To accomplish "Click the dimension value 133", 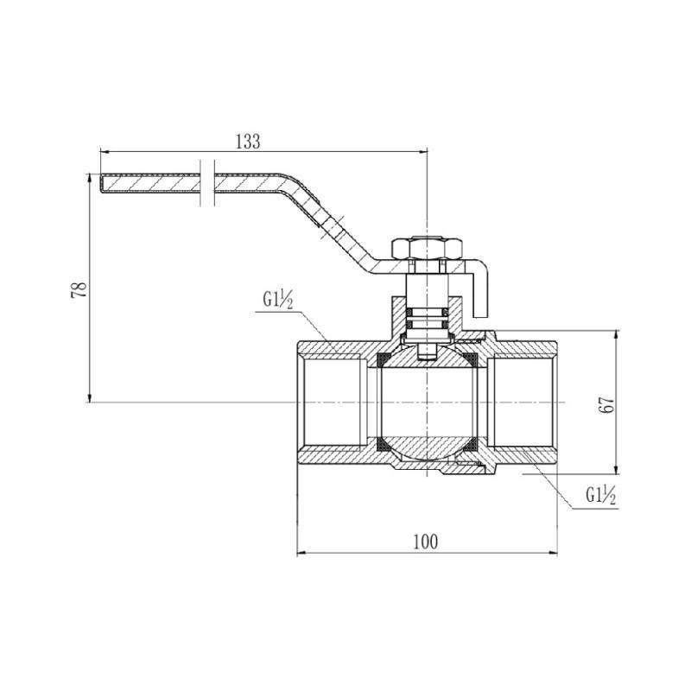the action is pyautogui.click(x=248, y=142).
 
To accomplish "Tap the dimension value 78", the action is pyautogui.click(x=79, y=289).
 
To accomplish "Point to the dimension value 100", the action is pyautogui.click(x=426, y=542).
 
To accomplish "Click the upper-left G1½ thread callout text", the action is pyautogui.click(x=277, y=301).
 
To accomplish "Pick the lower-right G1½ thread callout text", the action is pyautogui.click(x=600, y=496).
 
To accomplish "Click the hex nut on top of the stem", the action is pyautogui.click(x=428, y=249).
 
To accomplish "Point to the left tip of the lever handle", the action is pyautogui.click(x=99, y=183).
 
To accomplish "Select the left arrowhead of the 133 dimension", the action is pyautogui.click(x=105, y=152).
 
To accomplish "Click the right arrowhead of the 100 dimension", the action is pyautogui.click(x=553, y=553).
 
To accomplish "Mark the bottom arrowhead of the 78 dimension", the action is pyautogui.click(x=90, y=397).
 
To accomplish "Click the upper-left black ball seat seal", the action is pyautogui.click(x=383, y=359).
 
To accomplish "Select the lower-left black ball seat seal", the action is pyautogui.click(x=383, y=445).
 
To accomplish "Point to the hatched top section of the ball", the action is pyautogui.click(x=428, y=357).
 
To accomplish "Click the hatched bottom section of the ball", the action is pyautogui.click(x=428, y=447).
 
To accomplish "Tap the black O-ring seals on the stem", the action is pyautogui.click(x=428, y=318).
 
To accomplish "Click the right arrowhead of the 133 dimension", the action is pyautogui.click(x=423, y=152).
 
